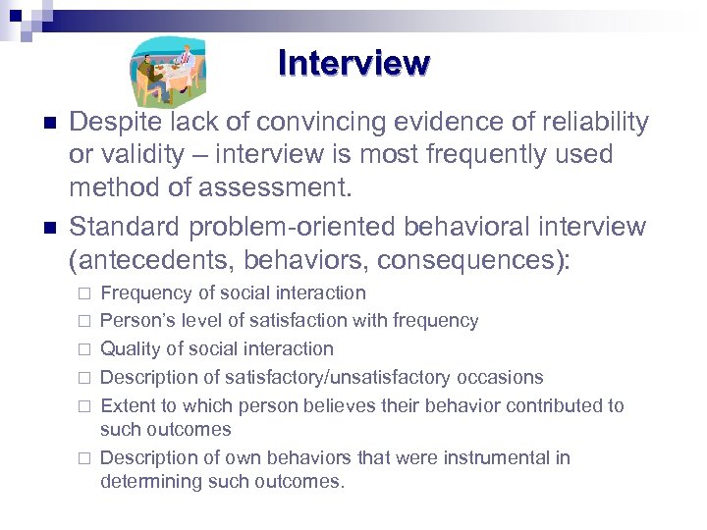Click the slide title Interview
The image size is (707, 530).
353,63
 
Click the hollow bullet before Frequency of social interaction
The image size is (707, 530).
84,293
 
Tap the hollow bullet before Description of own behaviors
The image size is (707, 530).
84,458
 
